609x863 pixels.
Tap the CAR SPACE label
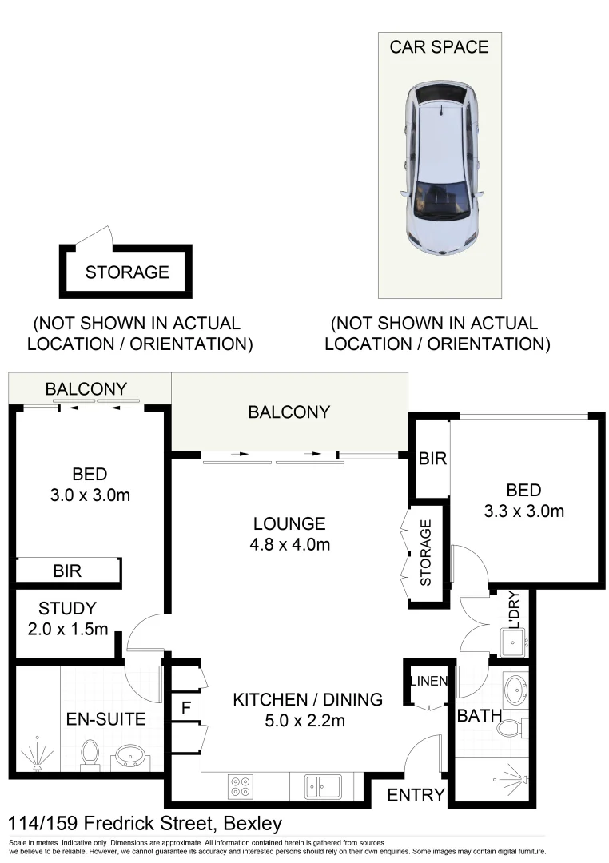click(439, 47)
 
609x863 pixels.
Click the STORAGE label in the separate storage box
click(127, 272)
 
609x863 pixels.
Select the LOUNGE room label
click(289, 524)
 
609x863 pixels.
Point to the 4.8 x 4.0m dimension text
click(289, 545)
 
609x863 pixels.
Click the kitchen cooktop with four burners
click(241, 786)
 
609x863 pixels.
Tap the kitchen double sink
click(323, 786)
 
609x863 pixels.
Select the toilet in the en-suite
click(90, 753)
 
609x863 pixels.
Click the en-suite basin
click(127, 755)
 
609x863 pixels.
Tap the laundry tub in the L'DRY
click(511, 640)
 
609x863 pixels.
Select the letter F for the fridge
click(185, 708)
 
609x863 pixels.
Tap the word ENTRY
click(415, 795)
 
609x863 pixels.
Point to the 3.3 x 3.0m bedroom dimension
click(523, 511)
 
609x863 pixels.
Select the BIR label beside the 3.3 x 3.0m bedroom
click(432, 459)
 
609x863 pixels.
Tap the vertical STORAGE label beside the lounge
click(425, 552)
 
